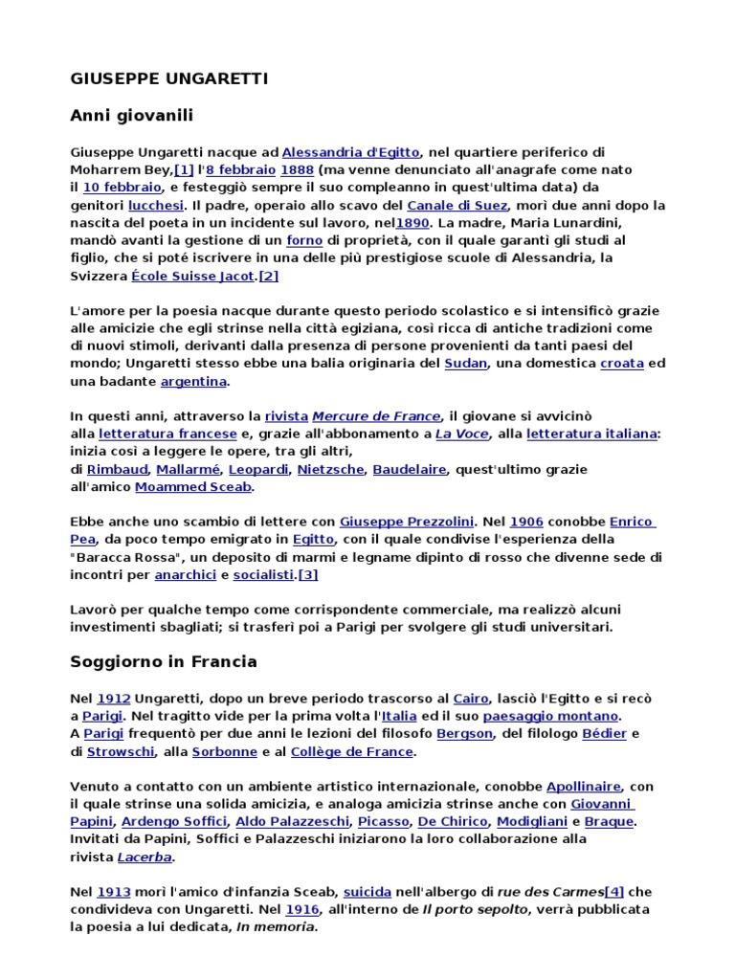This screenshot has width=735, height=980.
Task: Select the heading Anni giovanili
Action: pos(132,116)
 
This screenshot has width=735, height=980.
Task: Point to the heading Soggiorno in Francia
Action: pos(164,661)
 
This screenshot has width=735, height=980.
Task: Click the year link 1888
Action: pos(291,169)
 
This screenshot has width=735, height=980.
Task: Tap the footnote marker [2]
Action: pos(268,276)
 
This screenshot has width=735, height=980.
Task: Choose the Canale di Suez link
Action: pos(456,205)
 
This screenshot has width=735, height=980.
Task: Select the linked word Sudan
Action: pos(466,364)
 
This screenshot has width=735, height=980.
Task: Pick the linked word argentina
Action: pos(193,381)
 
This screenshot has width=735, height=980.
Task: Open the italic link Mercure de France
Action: pos(377,416)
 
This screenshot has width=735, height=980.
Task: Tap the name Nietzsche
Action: pos(330,469)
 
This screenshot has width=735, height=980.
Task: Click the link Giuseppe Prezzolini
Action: pos(407,522)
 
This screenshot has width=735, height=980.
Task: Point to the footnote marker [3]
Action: pos(308,574)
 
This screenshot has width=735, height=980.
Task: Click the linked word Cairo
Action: pos(471,699)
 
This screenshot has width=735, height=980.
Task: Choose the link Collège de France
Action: pos(353,751)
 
